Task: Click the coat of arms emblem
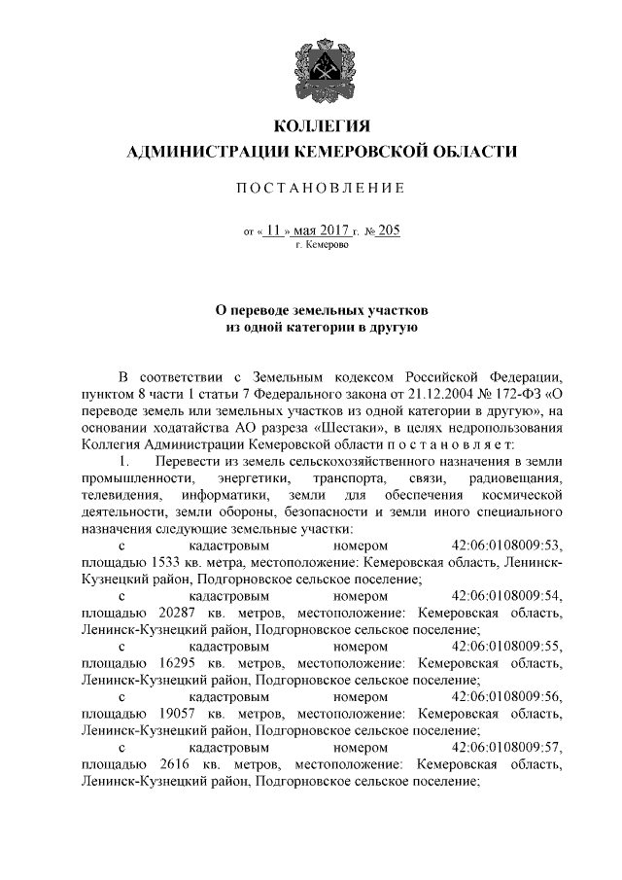coord(322,64)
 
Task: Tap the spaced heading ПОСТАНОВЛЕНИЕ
coord(322,188)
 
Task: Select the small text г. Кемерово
coord(321,246)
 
